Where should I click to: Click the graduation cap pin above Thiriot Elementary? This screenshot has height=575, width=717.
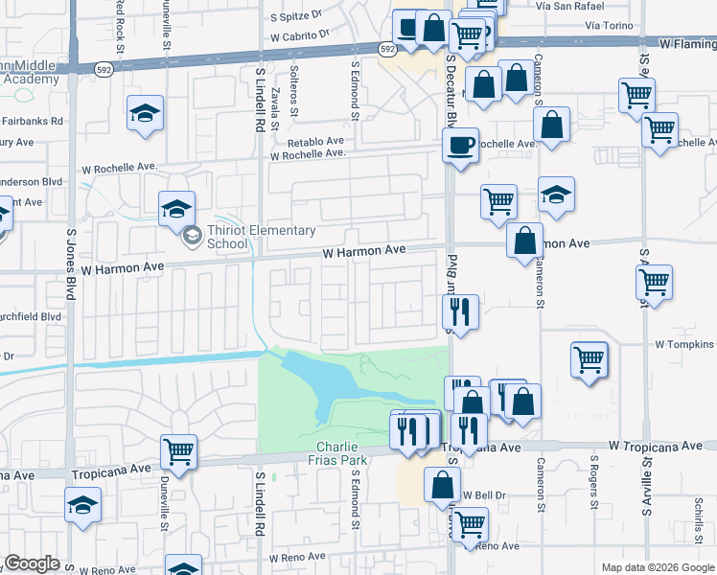(177, 209)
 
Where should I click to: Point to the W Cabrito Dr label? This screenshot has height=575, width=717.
(298, 33)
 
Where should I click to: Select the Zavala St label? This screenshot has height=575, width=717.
(275, 107)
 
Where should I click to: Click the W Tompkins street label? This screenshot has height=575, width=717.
(684, 344)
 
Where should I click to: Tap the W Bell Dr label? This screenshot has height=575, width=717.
(482, 495)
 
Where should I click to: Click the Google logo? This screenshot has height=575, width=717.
(33, 563)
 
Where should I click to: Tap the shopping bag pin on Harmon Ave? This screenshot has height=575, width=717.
(525, 243)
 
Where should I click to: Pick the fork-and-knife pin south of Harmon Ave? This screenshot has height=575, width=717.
(460, 312)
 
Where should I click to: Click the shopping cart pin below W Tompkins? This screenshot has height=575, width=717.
(590, 360)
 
